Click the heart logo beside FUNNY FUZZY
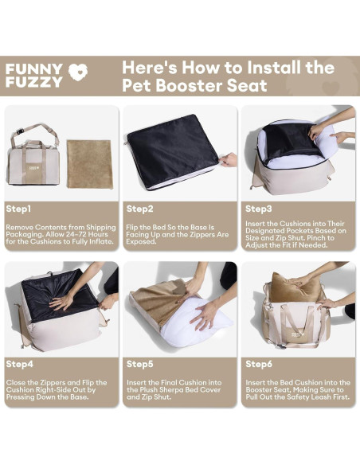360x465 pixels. click(x=78, y=72)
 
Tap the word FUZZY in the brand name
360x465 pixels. click(x=33, y=82)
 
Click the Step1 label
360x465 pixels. click(x=18, y=209)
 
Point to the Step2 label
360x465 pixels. click(x=140, y=209)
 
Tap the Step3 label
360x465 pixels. click(x=259, y=209)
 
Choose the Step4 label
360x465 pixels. click(x=20, y=364)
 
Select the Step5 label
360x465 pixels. click(x=140, y=364)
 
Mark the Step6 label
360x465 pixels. click(x=259, y=364)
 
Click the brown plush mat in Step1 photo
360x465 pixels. click(x=90, y=164)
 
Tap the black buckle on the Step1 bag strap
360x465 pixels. click(x=21, y=131)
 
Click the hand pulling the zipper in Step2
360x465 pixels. click(x=229, y=160)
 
